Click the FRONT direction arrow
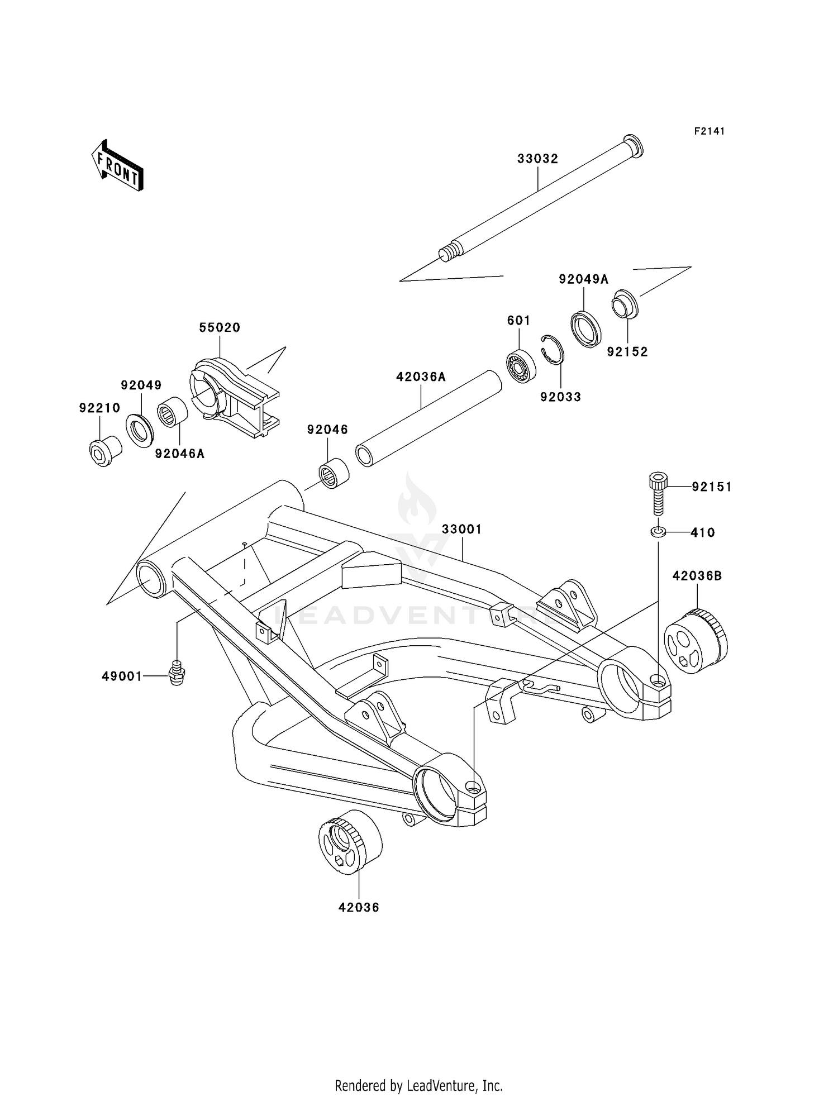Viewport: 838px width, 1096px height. click(x=118, y=166)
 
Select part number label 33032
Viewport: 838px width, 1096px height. click(x=537, y=159)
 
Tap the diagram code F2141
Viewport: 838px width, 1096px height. click(x=709, y=131)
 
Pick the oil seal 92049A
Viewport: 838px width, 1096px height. click(x=586, y=328)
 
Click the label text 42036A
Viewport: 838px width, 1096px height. click(x=421, y=377)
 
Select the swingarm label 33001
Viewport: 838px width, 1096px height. click(x=461, y=529)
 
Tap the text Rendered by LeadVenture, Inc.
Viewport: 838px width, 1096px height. click(x=418, y=1085)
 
